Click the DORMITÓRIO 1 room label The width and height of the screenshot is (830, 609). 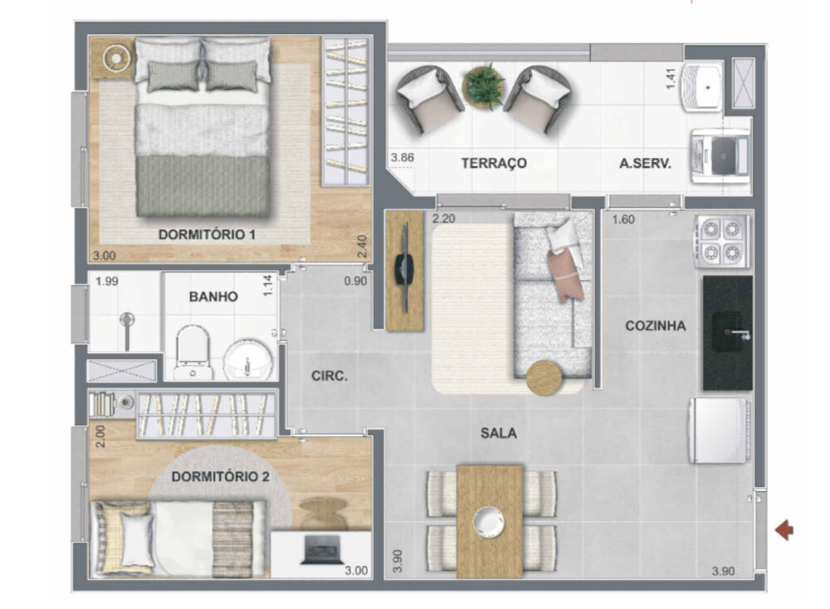tap(207, 235)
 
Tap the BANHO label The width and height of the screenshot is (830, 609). tap(213, 297)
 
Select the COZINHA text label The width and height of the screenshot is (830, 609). tap(656, 326)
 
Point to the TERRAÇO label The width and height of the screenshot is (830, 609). tap(494, 164)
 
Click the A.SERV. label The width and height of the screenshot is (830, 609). tap(645, 164)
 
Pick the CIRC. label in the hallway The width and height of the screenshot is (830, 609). tap(330, 376)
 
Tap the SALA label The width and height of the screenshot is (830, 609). tap(498, 433)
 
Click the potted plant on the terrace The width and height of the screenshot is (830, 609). tap(483, 86)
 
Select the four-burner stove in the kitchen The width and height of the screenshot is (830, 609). tap(723, 241)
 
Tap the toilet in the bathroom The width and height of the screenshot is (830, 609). tap(193, 352)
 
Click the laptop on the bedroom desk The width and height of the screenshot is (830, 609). tap(321, 549)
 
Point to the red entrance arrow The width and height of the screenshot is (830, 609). tap(784, 529)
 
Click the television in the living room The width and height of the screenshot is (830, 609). tap(404, 270)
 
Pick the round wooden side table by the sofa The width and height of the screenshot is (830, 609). tap(544, 378)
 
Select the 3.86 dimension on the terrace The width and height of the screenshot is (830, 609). tap(402, 157)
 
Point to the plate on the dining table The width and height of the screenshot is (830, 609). tap(489, 521)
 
